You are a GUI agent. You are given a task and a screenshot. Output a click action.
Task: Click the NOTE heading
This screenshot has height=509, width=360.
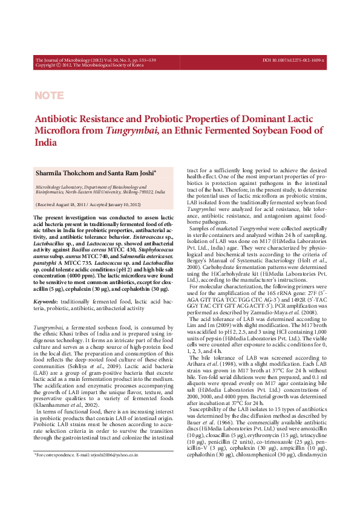49,96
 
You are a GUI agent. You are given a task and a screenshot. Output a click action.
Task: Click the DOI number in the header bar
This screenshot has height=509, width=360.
294,60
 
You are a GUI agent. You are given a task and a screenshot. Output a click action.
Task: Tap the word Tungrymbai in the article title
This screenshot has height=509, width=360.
127,131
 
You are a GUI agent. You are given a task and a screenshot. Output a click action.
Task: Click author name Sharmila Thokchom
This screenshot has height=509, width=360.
66,173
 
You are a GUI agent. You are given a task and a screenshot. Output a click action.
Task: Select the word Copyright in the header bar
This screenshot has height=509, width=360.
48,65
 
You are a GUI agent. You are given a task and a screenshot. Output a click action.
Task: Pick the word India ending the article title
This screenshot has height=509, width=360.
46,143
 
